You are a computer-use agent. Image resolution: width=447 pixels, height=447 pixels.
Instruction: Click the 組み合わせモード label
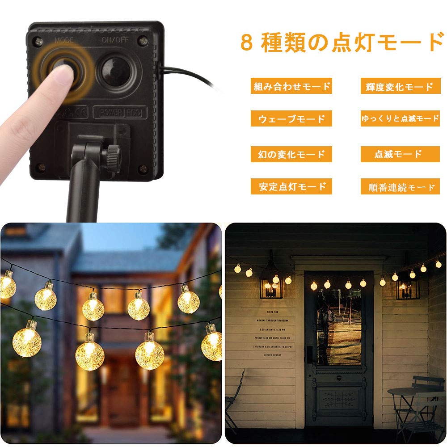(x=291, y=86)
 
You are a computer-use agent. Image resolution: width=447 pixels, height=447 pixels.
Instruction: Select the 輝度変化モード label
(x=397, y=86)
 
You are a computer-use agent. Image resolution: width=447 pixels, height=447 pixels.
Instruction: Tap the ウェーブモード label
(x=291, y=118)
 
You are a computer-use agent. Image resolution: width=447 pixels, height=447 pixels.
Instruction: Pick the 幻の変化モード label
(x=291, y=154)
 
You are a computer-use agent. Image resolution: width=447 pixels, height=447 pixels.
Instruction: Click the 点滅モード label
(x=397, y=154)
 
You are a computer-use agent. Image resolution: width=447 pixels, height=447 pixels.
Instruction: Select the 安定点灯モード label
(x=291, y=186)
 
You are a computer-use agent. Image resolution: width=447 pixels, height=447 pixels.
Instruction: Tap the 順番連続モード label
(x=397, y=186)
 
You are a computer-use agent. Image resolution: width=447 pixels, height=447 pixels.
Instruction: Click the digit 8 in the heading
(x=246, y=42)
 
